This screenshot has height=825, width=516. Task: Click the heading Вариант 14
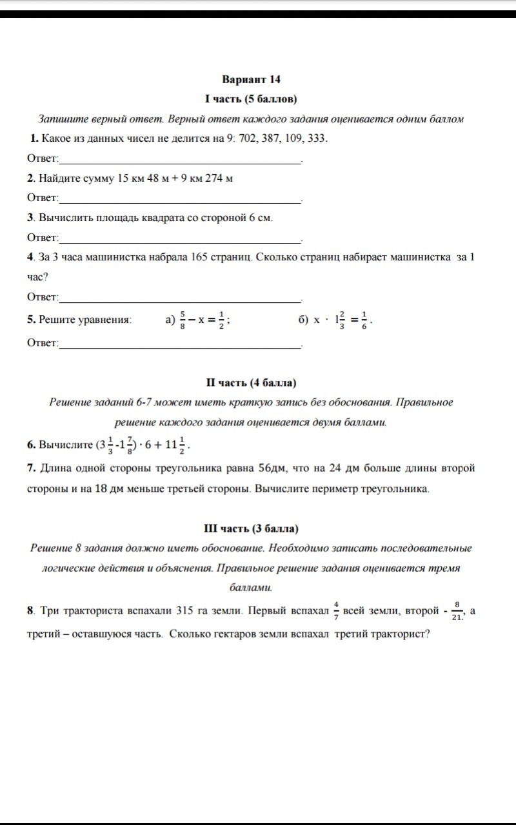pyautogui.click(x=252, y=79)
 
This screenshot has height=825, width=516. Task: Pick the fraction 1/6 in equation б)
pyautogui.click(x=364, y=319)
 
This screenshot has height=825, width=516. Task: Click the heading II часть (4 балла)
pyautogui.click(x=251, y=383)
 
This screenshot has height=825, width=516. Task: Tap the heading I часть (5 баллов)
pyautogui.click(x=251, y=99)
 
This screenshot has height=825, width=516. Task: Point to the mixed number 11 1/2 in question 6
pyautogui.click(x=175, y=445)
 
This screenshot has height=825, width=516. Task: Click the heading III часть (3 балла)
pyautogui.click(x=251, y=529)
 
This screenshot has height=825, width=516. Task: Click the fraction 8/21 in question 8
pyautogui.click(x=457, y=611)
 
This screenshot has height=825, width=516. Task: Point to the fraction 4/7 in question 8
pyautogui.click(x=336, y=610)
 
